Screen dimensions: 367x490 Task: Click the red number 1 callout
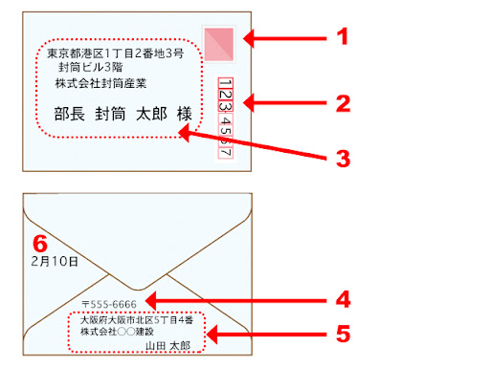pos(340,38)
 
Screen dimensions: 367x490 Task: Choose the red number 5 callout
pos(340,334)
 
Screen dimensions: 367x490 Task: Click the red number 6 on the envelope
pos(39,241)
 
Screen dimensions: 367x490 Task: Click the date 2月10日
pos(55,259)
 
